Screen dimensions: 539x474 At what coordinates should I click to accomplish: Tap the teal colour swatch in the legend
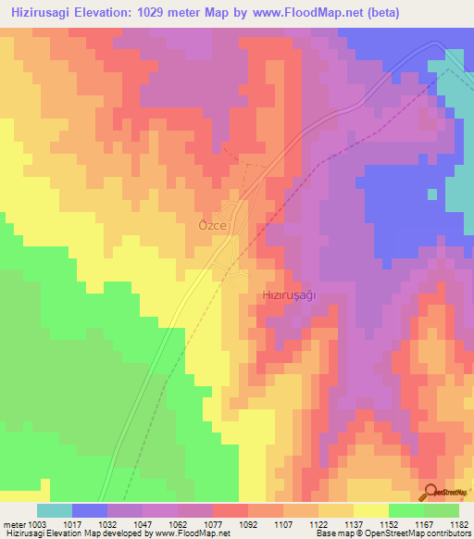click(x=55, y=510)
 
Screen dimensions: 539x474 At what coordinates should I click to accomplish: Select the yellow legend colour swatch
click(x=370, y=510)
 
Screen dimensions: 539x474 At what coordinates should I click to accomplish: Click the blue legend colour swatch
click(x=90, y=510)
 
